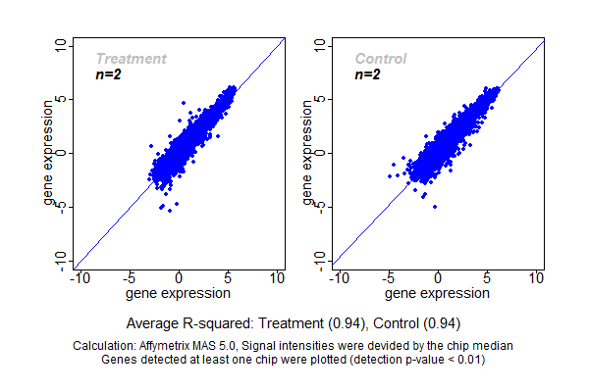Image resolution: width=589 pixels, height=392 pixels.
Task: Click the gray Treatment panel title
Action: [131, 59]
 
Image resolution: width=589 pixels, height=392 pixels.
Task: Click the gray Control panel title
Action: [380, 59]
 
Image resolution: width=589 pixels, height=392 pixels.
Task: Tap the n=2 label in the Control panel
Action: [366, 73]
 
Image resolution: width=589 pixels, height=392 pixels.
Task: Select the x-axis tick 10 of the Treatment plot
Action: [278, 278]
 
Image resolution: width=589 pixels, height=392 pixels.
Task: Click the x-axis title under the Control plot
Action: [439, 293]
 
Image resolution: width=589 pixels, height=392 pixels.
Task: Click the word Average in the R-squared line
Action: [153, 322]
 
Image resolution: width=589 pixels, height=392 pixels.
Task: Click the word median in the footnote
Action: [493, 346]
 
